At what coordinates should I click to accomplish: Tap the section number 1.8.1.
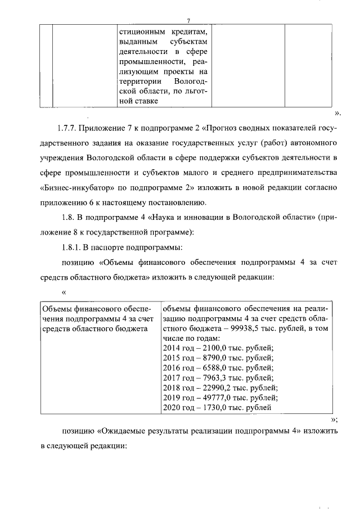[73, 246]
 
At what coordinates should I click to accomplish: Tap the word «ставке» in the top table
[141, 101]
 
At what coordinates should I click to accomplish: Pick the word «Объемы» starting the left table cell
[57, 309]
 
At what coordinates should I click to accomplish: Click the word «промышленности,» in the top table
[148, 61]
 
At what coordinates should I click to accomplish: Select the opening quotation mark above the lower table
[64, 292]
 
